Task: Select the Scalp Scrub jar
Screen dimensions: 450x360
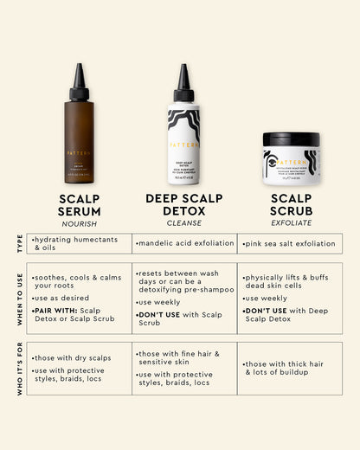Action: click(291, 158)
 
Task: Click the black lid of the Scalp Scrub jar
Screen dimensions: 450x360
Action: click(291, 138)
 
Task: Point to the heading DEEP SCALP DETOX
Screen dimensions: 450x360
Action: click(183, 204)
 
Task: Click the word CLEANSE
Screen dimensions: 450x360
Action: click(183, 222)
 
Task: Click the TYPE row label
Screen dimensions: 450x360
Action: click(19, 243)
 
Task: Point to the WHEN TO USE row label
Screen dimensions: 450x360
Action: click(19, 299)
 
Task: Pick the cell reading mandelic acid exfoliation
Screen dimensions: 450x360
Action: click(184, 244)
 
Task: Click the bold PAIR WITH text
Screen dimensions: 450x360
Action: click(52, 310)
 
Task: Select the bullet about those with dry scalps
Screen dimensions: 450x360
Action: click(72, 357)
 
